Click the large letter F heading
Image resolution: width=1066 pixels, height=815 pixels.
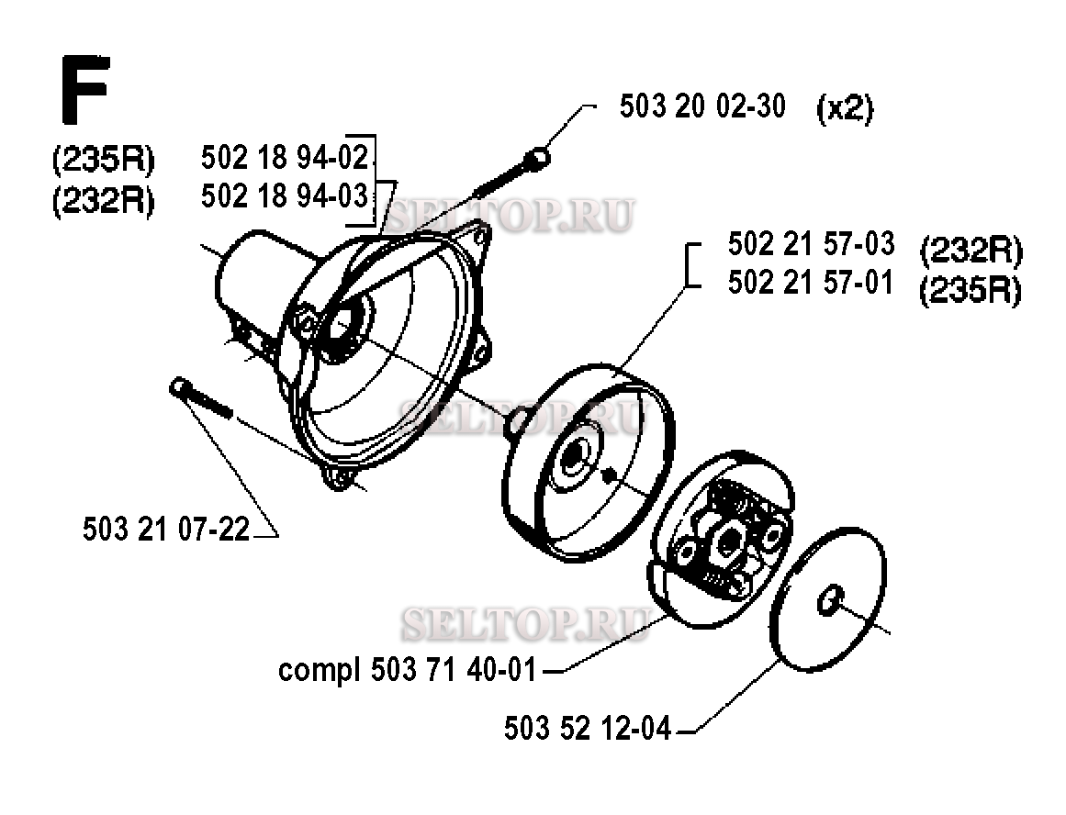click(x=85, y=90)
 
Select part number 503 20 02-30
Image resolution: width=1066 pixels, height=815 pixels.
click(x=702, y=106)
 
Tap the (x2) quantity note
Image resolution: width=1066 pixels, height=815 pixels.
click(x=845, y=108)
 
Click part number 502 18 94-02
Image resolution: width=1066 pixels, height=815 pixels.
click(x=285, y=158)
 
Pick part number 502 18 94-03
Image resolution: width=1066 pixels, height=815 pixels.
click(x=285, y=196)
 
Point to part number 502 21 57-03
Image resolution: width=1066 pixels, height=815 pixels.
click(x=811, y=244)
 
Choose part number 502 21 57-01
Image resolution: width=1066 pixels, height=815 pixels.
click(x=811, y=283)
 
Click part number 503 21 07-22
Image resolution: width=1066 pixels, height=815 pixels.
click(x=166, y=529)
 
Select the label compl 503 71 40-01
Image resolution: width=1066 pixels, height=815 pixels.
click(x=408, y=670)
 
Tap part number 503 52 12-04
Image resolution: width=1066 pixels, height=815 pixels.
click(x=588, y=728)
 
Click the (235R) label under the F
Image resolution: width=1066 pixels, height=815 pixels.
click(x=104, y=161)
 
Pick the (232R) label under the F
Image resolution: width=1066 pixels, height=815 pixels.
click(x=104, y=201)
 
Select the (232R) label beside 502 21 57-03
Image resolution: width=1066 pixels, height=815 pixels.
click(x=971, y=251)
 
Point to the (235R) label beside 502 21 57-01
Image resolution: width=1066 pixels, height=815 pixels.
click(x=971, y=292)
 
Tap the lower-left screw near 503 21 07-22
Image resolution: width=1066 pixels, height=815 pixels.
click(x=201, y=399)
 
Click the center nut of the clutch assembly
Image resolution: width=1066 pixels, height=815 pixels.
click(x=729, y=541)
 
